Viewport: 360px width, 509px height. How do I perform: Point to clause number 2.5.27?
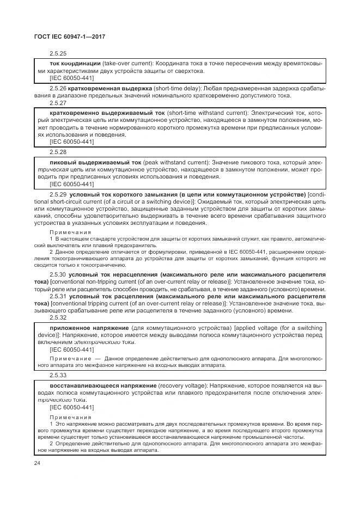click(x=57, y=102)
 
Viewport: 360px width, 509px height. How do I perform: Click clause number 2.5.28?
click(x=57, y=152)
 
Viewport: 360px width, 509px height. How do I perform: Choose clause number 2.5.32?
click(x=57, y=317)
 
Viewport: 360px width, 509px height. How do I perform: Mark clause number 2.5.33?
click(x=57, y=376)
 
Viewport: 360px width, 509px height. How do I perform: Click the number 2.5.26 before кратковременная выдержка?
click(x=58, y=88)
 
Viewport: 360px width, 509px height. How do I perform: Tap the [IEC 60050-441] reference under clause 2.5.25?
click(x=71, y=78)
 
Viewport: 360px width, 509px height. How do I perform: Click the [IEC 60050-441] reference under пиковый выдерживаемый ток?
click(x=71, y=184)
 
